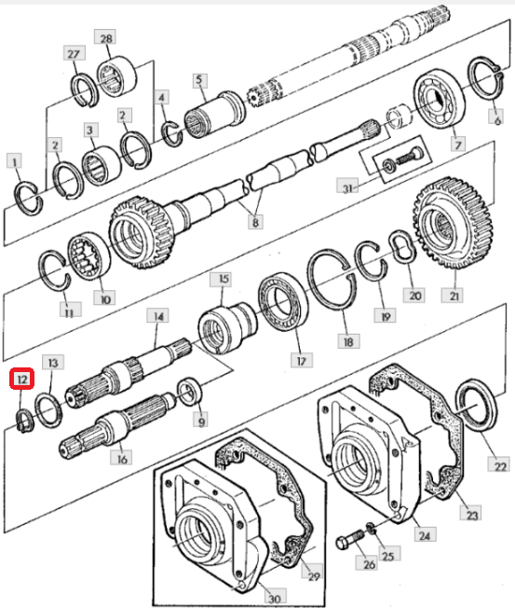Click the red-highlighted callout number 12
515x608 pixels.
tap(21, 379)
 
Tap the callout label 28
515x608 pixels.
tap(106, 38)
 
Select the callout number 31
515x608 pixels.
tap(347, 188)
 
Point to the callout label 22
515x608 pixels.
tap(499, 465)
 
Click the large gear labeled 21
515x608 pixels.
tap(453, 224)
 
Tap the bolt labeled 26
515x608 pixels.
tap(349, 539)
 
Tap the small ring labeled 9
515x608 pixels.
tap(190, 392)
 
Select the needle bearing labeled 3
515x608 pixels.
tap(102, 166)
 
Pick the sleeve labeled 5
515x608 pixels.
tap(214, 112)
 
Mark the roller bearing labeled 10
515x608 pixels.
tap(88, 256)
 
